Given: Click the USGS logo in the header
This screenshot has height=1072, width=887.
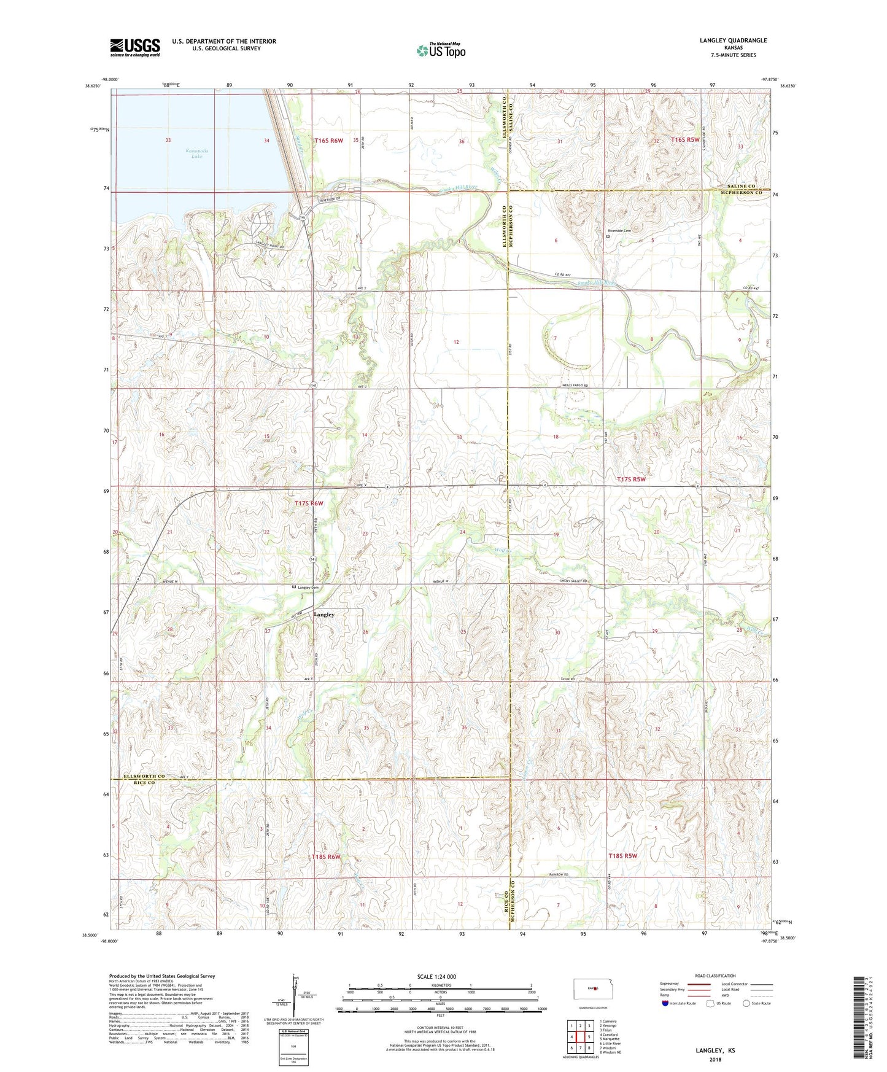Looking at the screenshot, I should point(135,47).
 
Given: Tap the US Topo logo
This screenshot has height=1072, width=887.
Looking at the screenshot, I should point(441,50).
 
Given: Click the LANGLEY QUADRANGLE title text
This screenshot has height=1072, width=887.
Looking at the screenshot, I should point(733,41).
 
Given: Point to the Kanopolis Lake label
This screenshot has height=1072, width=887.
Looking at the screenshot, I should point(196,153).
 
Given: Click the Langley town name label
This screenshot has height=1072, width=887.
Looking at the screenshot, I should point(324,614).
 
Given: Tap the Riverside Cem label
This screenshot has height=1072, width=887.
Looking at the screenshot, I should point(619,231).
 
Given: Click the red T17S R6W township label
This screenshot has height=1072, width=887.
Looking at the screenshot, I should point(309,503).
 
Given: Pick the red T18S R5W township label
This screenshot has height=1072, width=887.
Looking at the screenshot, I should point(623,855).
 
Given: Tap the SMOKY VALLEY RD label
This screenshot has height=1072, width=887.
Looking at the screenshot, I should point(574,581).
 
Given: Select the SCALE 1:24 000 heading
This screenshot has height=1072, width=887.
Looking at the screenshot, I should point(436,976).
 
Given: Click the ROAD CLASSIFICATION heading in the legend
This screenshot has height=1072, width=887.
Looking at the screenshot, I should point(716,976).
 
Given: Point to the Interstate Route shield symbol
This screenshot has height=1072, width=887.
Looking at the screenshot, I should point(666,1003).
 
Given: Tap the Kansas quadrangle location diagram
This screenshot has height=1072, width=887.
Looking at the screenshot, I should point(591,988).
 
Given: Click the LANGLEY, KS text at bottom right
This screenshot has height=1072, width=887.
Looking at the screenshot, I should point(715,1051).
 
